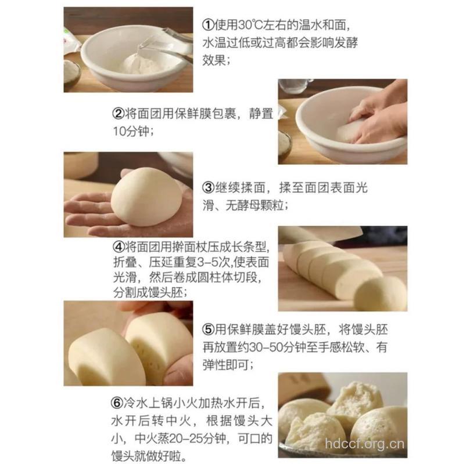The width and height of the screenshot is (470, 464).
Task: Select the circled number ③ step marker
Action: pyautogui.click(x=209, y=188)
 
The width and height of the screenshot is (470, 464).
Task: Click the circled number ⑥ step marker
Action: pyautogui.click(x=117, y=403)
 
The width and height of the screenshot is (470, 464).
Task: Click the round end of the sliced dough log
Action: pyautogui.click(x=380, y=293)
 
